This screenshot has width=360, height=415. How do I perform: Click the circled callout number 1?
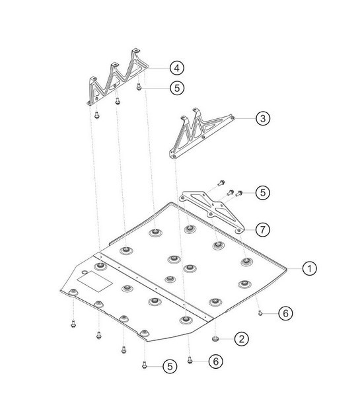tap(309, 268)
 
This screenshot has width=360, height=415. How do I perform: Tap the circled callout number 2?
tap(242, 339)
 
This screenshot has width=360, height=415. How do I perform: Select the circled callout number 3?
tap(263, 118)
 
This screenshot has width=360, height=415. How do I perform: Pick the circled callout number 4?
tap(177, 68)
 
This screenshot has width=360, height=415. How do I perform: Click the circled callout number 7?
tap(263, 229)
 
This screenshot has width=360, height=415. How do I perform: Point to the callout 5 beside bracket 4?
tap(177, 88)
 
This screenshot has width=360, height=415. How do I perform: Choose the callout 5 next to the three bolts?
tap(263, 192)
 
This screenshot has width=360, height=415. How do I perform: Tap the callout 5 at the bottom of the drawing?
tap(170, 366)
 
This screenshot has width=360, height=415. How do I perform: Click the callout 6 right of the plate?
tap(285, 313)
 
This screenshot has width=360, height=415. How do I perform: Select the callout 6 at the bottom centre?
tap(216, 361)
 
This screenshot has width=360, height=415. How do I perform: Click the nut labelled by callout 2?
tap(215, 338)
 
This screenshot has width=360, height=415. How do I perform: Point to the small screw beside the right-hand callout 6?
tap(260, 313)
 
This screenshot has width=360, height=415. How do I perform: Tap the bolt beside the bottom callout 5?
tap(144, 365)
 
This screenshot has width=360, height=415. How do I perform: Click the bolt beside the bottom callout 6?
tap(190, 360)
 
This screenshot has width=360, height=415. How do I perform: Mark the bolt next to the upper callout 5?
tap(139, 87)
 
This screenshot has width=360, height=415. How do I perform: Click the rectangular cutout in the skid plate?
tap(94, 282)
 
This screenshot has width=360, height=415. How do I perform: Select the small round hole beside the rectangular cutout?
tap(85, 273)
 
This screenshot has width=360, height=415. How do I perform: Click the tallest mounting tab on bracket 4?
tap(136, 53)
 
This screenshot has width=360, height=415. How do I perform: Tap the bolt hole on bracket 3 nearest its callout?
tap(232, 118)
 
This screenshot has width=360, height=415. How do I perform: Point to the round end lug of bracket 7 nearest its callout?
tap(239, 231)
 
